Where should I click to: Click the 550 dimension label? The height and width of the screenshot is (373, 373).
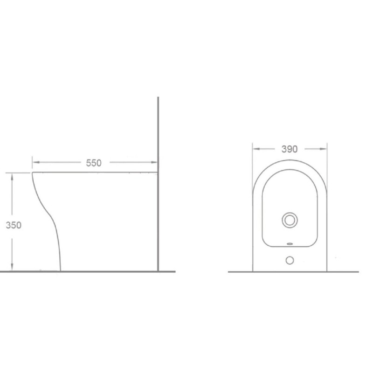click(94, 163)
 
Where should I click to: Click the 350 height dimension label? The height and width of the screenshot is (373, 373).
click(14, 225)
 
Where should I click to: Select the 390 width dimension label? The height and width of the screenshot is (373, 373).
click(290, 149)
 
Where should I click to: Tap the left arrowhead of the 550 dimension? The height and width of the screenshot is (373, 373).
click(36, 162)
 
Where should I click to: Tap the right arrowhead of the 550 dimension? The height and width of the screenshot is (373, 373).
click(154, 162)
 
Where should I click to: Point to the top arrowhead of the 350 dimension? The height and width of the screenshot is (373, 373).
click(12, 177)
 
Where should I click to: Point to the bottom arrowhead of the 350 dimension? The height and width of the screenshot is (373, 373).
click(12, 267)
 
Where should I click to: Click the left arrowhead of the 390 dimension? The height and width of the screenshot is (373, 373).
click(256, 149)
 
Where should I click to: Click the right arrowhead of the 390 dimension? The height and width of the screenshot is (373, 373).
click(323, 149)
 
